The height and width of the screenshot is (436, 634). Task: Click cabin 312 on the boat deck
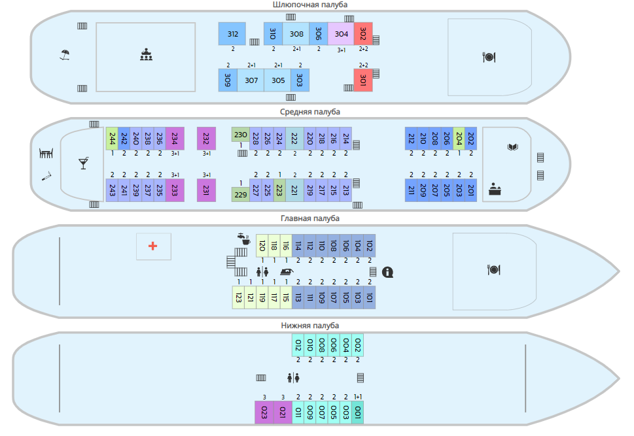(232, 34)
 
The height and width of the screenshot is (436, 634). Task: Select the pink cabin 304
(341, 34)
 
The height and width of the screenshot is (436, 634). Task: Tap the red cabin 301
(363, 80)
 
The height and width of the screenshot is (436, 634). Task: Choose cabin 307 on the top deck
(251, 80)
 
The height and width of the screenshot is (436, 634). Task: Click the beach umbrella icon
(65, 55)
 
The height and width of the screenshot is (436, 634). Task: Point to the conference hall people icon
(146, 55)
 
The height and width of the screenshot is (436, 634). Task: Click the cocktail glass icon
(83, 163)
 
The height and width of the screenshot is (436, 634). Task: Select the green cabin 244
(112, 138)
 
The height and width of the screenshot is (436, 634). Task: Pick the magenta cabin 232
(206, 138)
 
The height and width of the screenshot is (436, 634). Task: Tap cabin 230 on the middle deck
(240, 135)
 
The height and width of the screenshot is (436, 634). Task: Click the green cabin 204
(459, 138)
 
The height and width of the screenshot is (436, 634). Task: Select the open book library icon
(512, 147)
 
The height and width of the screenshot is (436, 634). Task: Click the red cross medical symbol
(153, 246)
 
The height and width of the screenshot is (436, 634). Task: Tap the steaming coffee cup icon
(244, 240)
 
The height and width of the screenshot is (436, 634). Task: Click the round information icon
(387, 272)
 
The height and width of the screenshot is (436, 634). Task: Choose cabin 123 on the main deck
(238, 297)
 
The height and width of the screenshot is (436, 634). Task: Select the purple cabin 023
(264, 412)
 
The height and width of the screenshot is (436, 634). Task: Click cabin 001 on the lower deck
(358, 412)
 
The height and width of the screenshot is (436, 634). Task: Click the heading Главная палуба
(311, 218)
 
